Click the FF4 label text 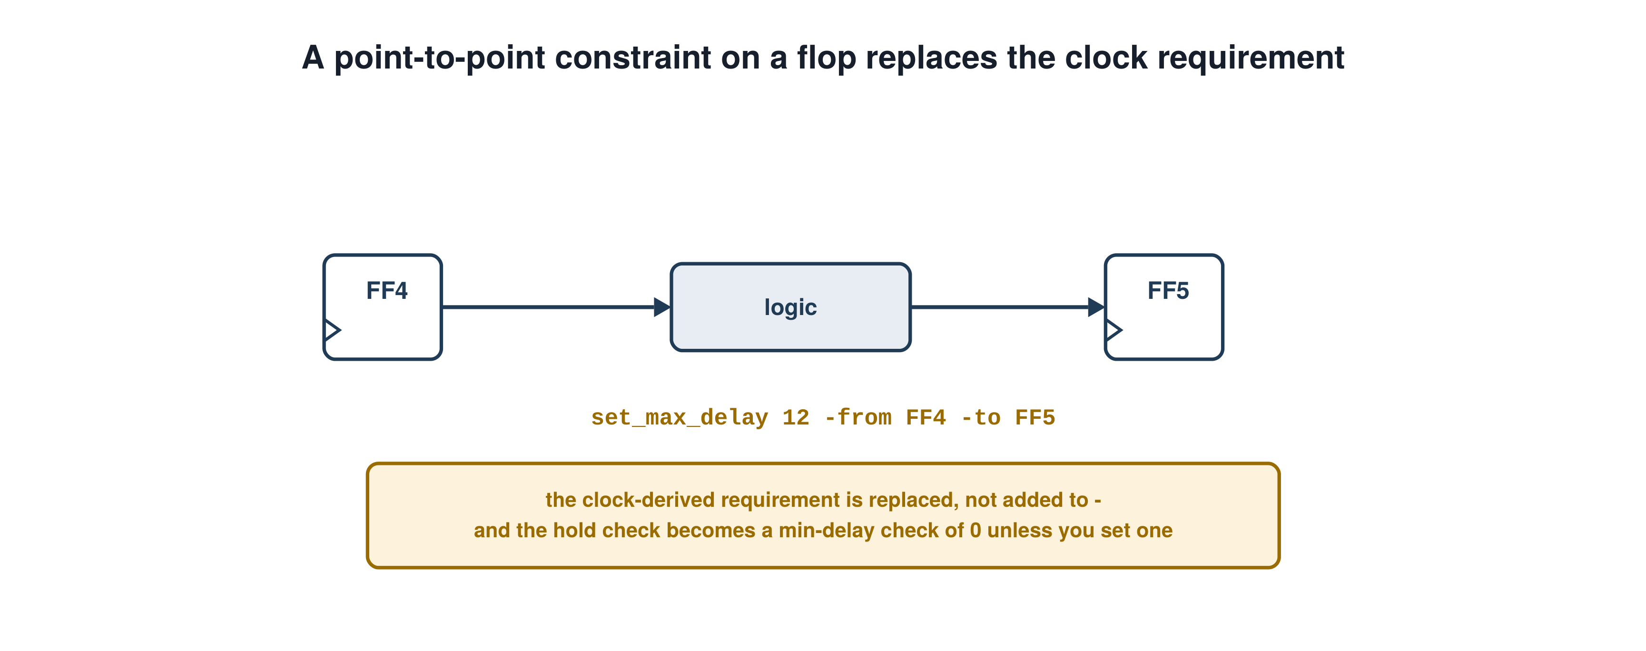click(x=386, y=291)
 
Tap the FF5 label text click(x=1168, y=291)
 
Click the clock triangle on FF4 click(x=332, y=330)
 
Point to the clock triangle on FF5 click(x=1114, y=330)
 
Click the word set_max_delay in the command click(x=679, y=418)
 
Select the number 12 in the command click(x=796, y=418)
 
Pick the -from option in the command click(x=857, y=418)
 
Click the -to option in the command click(x=981, y=418)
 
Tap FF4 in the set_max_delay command click(x=926, y=418)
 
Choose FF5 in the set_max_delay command click(x=1035, y=418)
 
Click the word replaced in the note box click(x=912, y=500)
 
